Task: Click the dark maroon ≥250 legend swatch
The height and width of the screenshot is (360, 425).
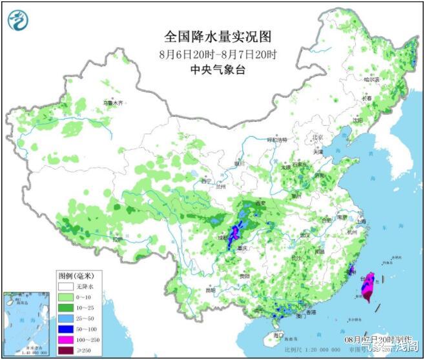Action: [x=63, y=350]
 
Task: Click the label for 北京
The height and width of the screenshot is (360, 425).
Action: [x=316, y=137]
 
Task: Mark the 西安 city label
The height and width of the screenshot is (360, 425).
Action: [x=260, y=203]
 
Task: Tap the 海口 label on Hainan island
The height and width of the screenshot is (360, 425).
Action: [x=278, y=335]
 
